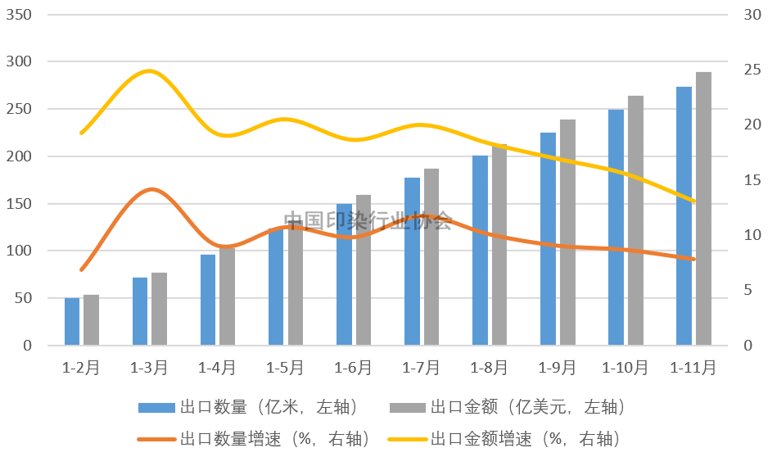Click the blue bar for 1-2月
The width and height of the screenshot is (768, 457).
tap(72, 321)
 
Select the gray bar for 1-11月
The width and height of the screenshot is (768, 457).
tap(703, 209)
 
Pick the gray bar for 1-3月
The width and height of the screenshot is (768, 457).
tap(159, 309)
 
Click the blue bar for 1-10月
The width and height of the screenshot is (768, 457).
tap(616, 227)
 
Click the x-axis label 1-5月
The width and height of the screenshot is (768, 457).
tap(286, 368)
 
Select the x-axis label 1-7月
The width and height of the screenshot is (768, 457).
tap(422, 368)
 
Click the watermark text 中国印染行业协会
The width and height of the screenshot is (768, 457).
tap(368, 220)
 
